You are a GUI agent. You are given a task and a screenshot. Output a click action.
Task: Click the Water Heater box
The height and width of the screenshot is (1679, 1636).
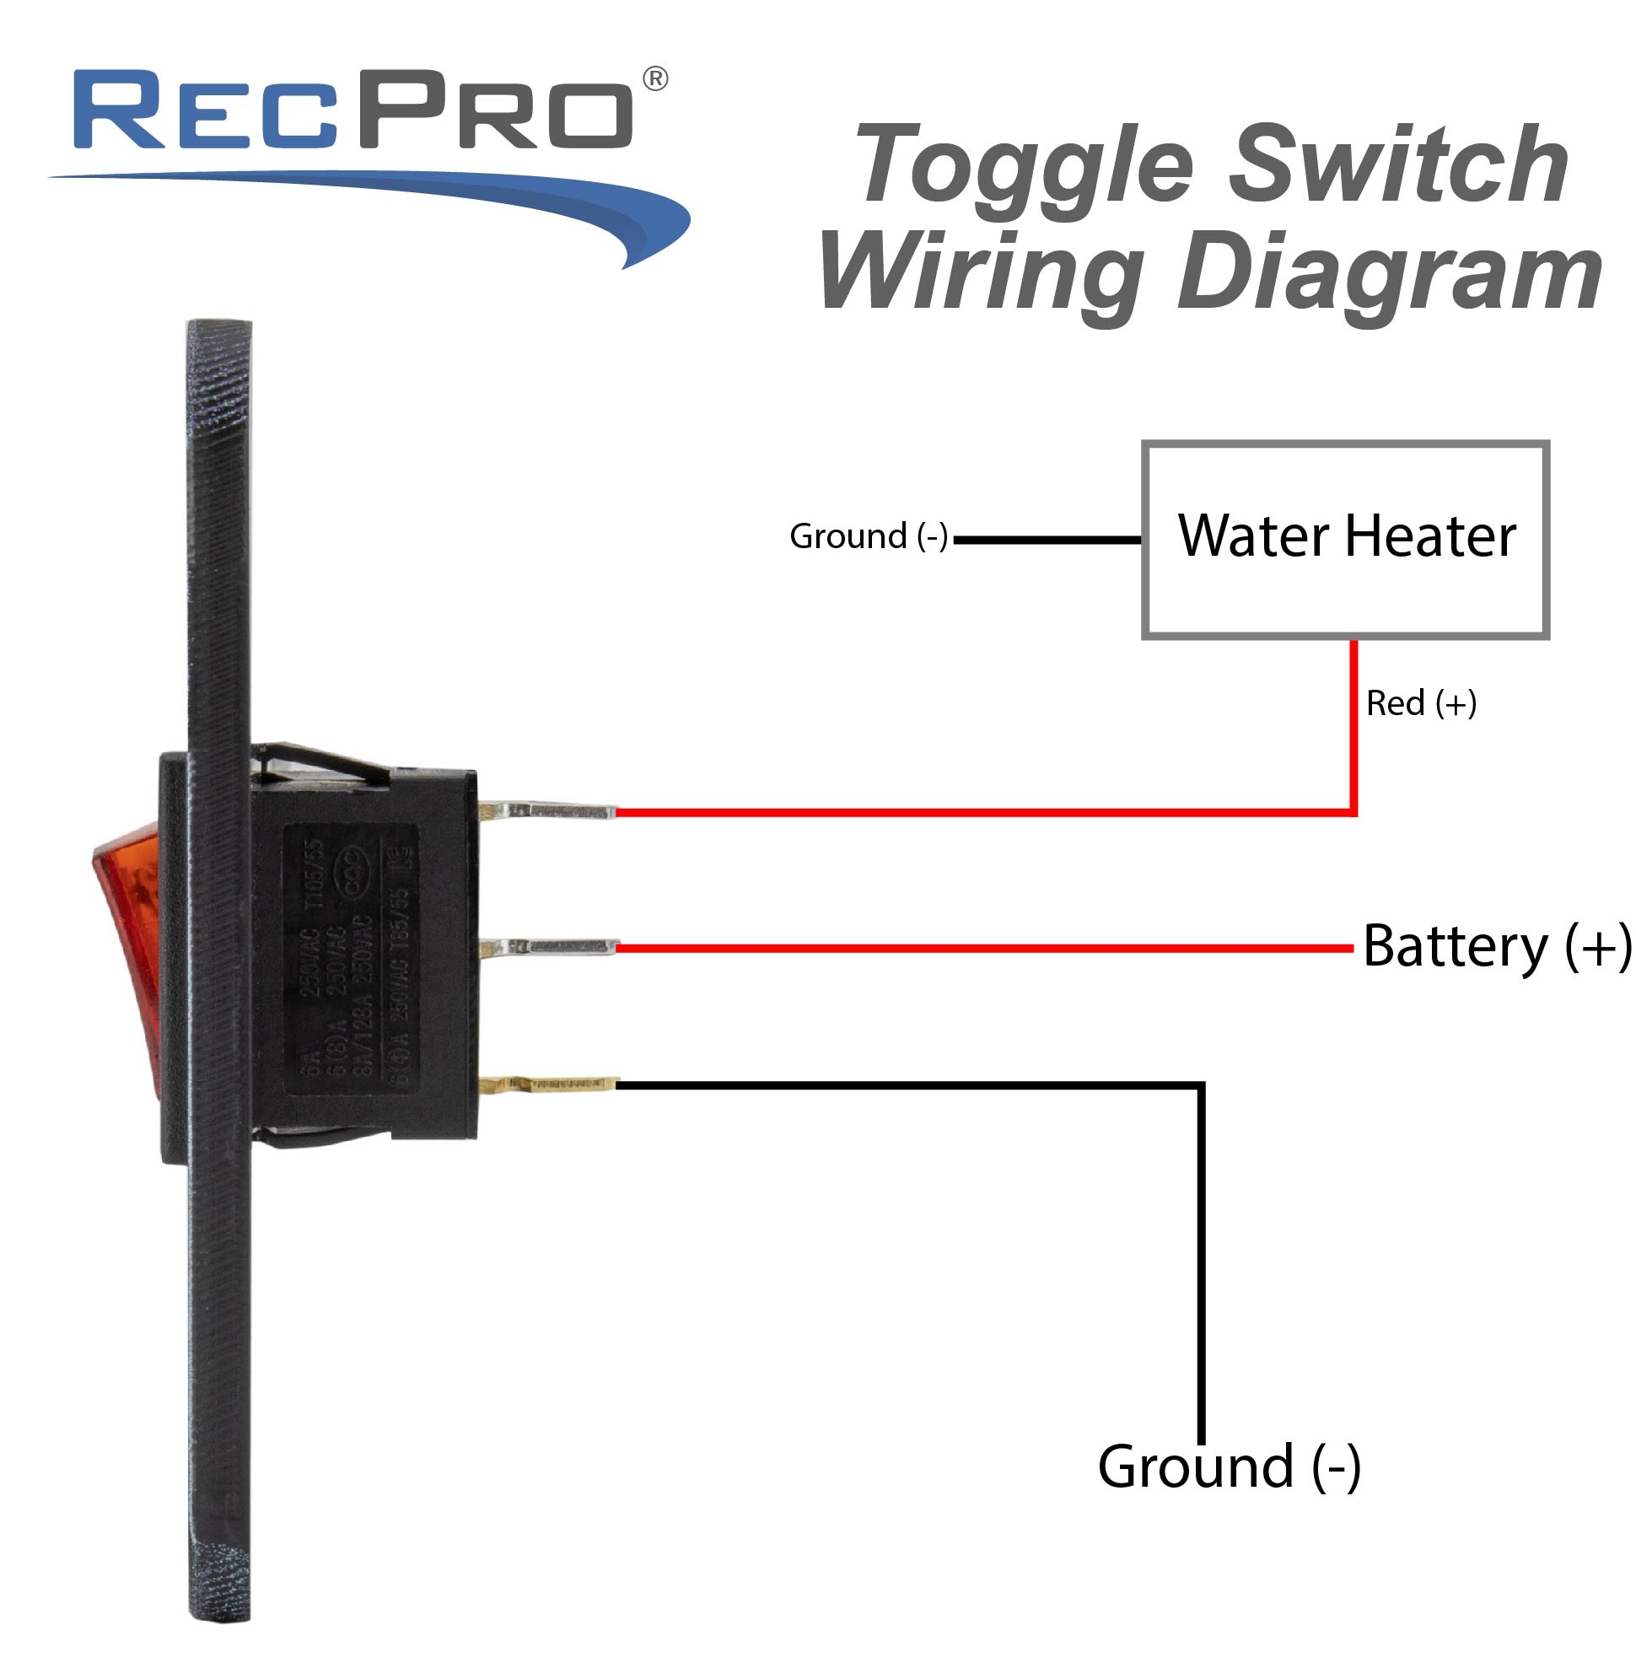coord(1346,540)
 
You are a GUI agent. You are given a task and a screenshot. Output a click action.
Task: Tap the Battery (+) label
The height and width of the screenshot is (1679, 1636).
coord(1496,947)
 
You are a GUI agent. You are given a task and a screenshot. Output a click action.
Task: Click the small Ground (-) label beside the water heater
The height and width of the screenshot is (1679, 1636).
coord(868,537)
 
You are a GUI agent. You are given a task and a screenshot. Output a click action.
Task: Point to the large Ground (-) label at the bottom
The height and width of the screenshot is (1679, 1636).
coord(1229,1466)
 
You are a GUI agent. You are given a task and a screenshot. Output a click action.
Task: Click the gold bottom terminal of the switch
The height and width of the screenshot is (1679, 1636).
coord(550,1084)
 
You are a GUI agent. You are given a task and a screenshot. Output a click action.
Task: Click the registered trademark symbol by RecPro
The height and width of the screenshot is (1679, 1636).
coord(654,79)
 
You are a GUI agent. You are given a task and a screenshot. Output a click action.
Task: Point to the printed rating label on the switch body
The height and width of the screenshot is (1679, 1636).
coord(352,960)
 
